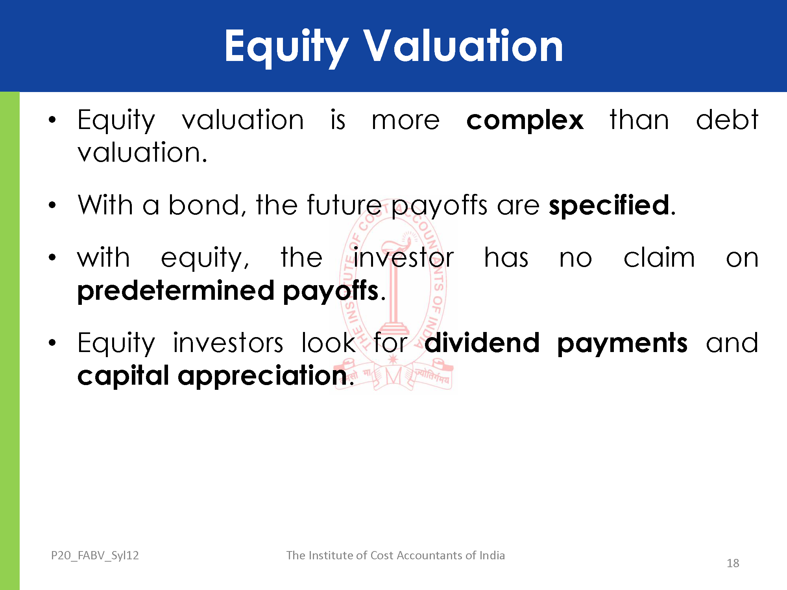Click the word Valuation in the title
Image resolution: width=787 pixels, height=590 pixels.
[463, 46]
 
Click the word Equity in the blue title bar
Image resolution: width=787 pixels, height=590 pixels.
[286, 48]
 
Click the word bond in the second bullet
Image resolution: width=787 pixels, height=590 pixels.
[204, 205]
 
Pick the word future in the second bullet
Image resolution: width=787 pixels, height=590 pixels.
[344, 205]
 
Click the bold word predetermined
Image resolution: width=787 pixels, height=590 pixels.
[176, 291]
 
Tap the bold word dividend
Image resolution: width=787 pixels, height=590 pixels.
[482, 343]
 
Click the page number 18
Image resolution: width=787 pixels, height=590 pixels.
[733, 563]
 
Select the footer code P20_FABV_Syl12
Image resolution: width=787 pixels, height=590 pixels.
[95, 555]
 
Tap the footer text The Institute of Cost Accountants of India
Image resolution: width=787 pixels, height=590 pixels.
[395, 555]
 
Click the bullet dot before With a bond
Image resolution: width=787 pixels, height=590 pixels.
[52, 205]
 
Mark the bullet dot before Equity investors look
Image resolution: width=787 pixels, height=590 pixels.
[52, 343]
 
